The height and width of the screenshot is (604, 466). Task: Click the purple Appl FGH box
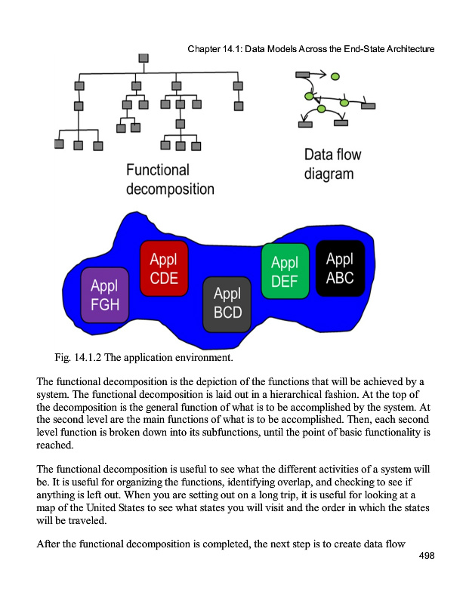coord(105,295)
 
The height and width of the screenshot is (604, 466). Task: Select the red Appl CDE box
coord(164,268)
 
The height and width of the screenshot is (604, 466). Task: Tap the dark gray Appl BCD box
coord(227,303)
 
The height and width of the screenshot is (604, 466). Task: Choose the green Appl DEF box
coord(285,271)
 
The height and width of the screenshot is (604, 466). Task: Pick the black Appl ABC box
coord(340,268)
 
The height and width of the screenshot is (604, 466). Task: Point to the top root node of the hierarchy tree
coord(144,58)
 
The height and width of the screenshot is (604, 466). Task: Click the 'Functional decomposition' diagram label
coord(170,180)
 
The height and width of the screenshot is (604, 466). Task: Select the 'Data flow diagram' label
coord(332,165)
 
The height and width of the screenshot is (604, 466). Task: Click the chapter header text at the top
coord(310,50)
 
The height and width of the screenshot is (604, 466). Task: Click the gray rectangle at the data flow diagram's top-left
coord(301,74)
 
